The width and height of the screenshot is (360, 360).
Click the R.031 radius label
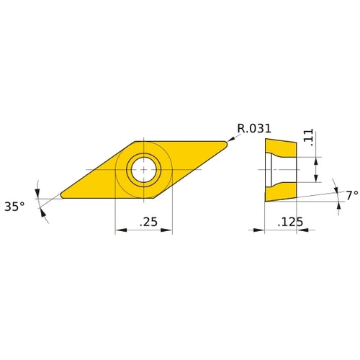pos(254,129)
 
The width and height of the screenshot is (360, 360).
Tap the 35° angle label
pos(15,206)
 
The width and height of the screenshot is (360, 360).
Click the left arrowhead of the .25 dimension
pos(118,230)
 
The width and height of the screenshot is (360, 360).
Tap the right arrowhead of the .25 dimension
pos(169,230)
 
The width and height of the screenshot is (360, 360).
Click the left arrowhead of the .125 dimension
pos(261,230)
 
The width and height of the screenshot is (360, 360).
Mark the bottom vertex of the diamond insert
pos(150,198)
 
